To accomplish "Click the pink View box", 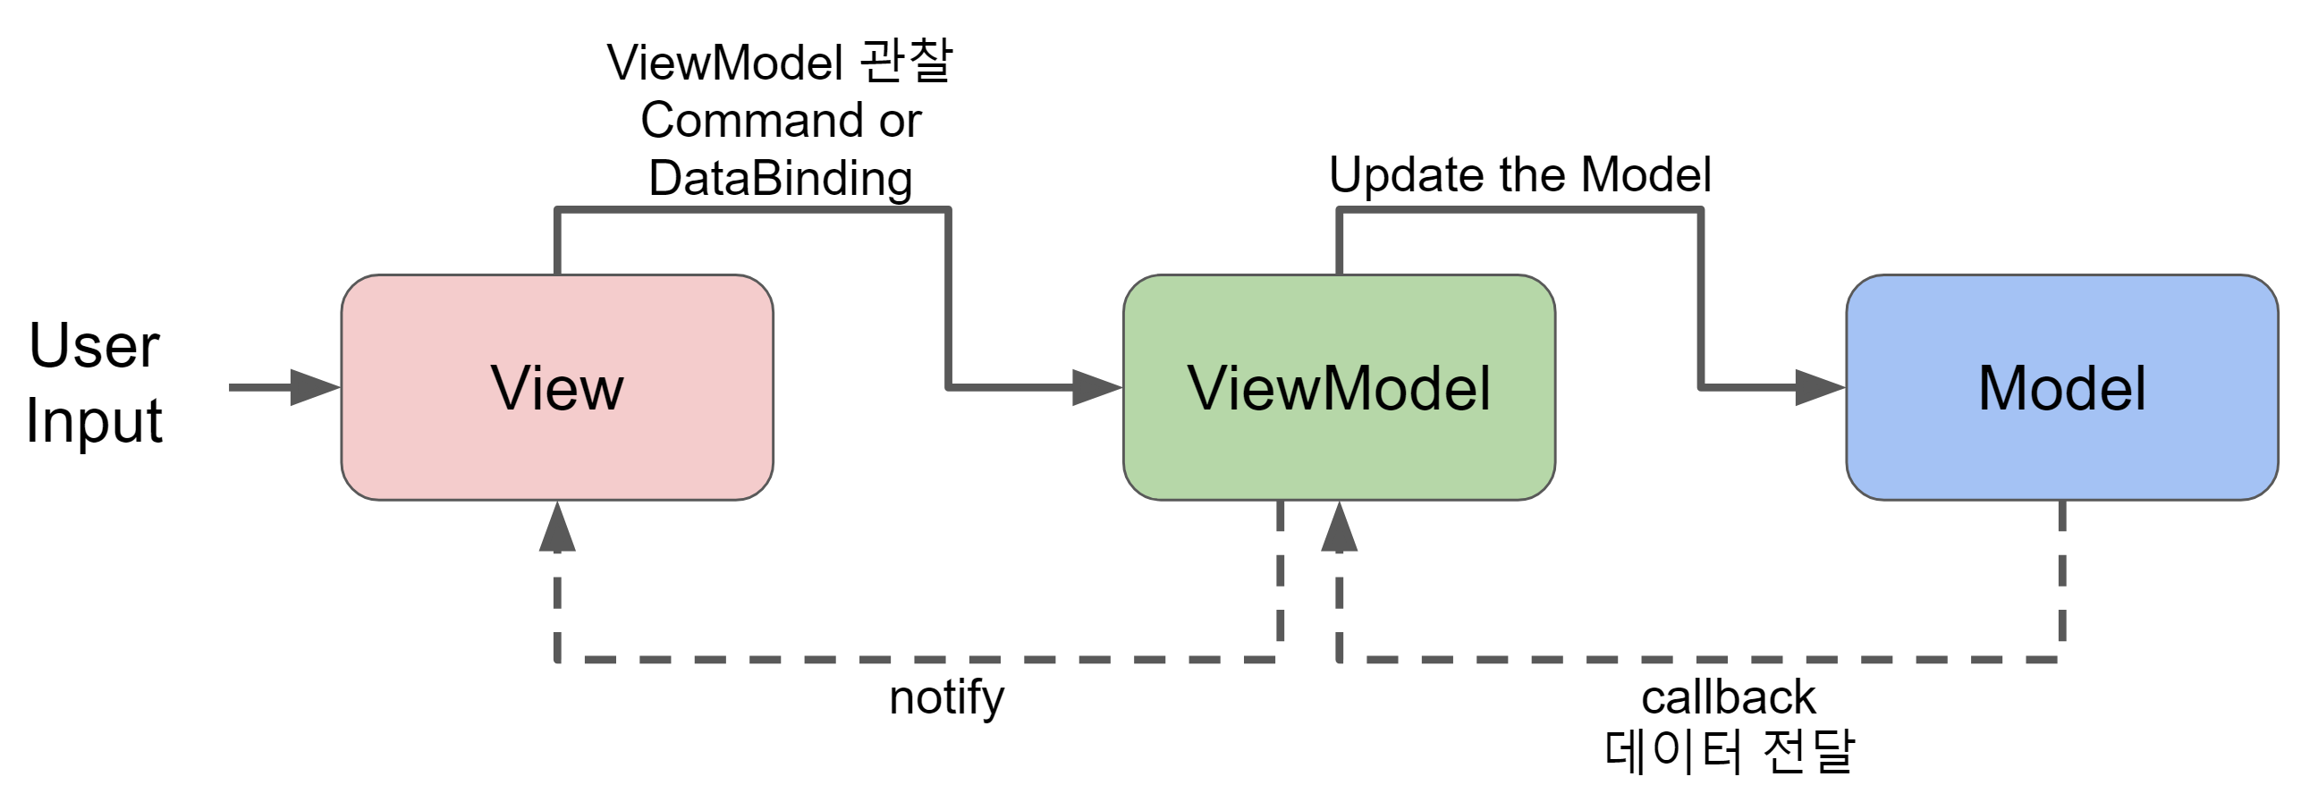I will click(557, 388).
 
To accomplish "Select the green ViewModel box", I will click(1339, 388).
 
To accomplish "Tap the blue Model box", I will click(2061, 388).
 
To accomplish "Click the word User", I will click(94, 346).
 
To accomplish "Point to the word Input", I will click(94, 421).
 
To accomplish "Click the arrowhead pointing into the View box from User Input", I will click(315, 388).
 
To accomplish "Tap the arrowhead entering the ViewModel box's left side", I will click(1097, 388).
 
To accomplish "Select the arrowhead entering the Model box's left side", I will click(1820, 388).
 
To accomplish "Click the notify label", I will click(946, 698).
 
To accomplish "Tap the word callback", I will click(1728, 697).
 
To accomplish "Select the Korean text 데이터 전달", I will click(1728, 751).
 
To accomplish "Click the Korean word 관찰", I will click(905, 61).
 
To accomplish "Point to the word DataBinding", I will click(780, 178).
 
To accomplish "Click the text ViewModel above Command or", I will click(724, 63).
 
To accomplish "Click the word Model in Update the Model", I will click(1645, 174).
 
